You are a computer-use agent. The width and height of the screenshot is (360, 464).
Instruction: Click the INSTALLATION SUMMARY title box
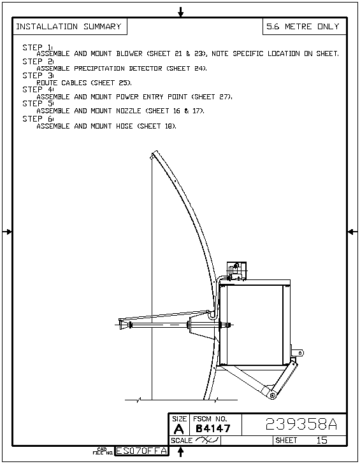pos(70,27)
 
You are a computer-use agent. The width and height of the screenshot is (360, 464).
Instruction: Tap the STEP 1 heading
pos(38,47)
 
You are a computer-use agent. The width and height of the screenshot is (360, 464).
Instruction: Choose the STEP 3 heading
pos(38,76)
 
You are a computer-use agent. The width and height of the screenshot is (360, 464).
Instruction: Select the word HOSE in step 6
pos(124,126)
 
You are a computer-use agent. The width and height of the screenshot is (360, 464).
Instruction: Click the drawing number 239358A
pos(301,424)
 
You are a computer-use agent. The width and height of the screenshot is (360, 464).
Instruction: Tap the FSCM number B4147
pos(213,428)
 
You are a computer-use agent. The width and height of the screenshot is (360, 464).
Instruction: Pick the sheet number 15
pos(322,440)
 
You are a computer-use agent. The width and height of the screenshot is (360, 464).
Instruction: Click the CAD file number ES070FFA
pos(141,451)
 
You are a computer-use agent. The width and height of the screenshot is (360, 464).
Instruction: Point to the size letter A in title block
pos(178,429)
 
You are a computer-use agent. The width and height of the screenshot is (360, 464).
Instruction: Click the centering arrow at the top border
pos(181,12)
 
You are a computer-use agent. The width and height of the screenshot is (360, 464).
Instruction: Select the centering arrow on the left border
pos(7,232)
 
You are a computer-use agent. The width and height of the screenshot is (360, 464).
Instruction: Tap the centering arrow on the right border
pos(352,232)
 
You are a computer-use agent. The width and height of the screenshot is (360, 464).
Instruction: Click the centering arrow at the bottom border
pos(181,451)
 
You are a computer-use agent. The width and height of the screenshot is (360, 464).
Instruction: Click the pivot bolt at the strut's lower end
pos(272,395)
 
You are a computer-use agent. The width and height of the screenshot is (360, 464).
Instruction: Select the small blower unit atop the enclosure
pos(236,271)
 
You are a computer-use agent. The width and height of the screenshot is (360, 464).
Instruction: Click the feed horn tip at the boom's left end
pos(122,324)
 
